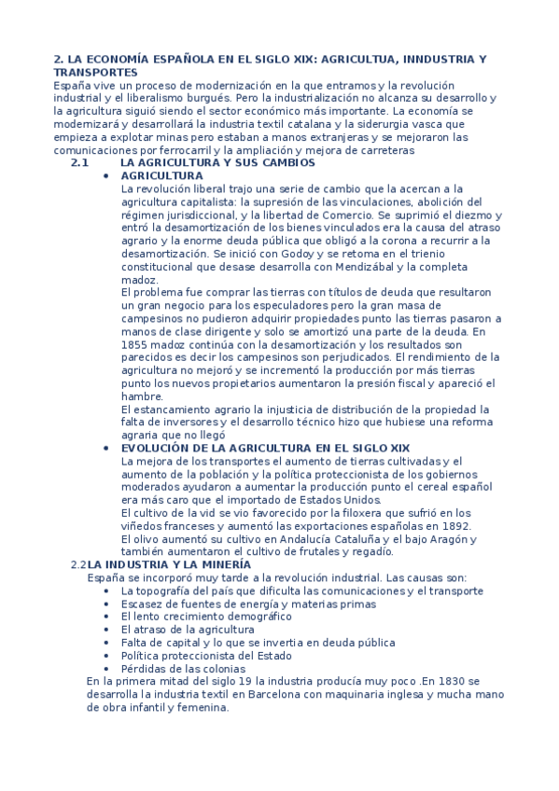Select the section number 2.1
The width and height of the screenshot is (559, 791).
coord(78,162)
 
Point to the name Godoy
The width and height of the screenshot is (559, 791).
coord(269,254)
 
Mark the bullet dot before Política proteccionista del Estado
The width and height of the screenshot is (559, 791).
coord(109,656)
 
